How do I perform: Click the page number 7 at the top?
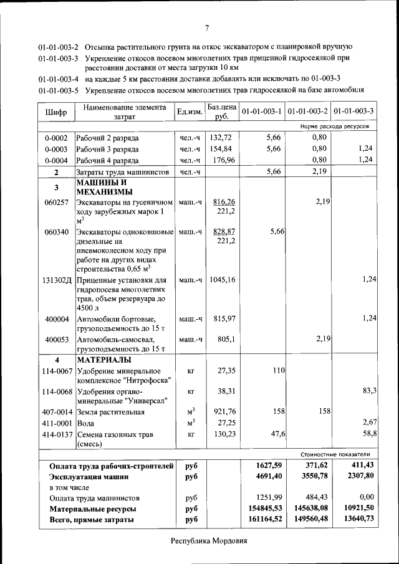coord(206,27)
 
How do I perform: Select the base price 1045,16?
coord(223,280)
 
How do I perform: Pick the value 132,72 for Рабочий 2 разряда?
coord(221,138)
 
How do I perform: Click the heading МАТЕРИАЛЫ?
coord(103,360)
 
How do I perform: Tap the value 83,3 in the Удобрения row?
coord(369,391)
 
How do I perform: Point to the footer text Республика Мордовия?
coord(209,540)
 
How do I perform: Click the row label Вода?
coord(85,423)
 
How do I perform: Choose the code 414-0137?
coord(57,434)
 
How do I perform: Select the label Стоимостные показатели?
coord(335,454)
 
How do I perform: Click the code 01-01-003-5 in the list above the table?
coord(58,90)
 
